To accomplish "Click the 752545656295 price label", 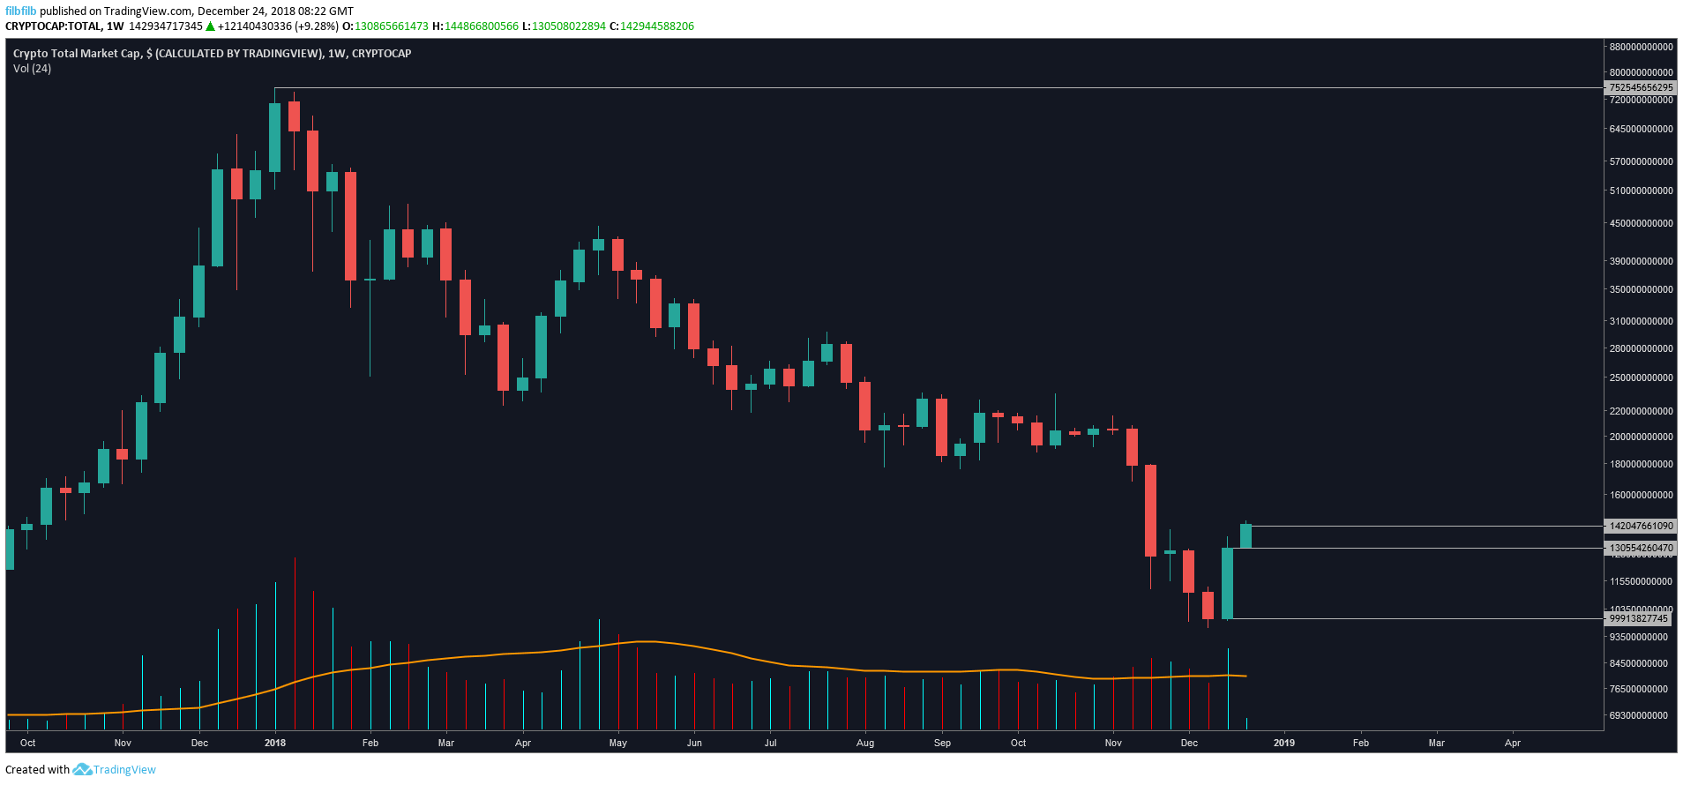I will [1641, 87].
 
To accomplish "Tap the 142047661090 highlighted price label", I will [1641, 526].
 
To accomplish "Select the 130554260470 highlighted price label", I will [1641, 548].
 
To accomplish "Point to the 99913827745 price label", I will [1638, 618].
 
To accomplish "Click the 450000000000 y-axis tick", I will [1641, 223].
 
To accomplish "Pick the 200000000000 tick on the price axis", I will [1641, 437].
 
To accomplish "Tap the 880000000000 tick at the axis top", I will [1641, 47].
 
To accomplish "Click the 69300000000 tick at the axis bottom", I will [1638, 715].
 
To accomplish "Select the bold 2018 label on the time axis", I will [275, 743].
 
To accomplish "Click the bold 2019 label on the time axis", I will [1284, 743].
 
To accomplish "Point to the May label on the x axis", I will [617, 743].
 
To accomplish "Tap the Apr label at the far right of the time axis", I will [1513, 743].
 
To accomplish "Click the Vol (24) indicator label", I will [32, 69].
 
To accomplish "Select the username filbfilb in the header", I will [21, 11].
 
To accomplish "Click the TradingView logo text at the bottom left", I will [124, 770].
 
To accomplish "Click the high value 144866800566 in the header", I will [482, 26].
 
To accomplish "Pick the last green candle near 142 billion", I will [1245, 536].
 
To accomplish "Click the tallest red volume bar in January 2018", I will [295, 644].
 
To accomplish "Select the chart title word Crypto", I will [31, 54].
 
